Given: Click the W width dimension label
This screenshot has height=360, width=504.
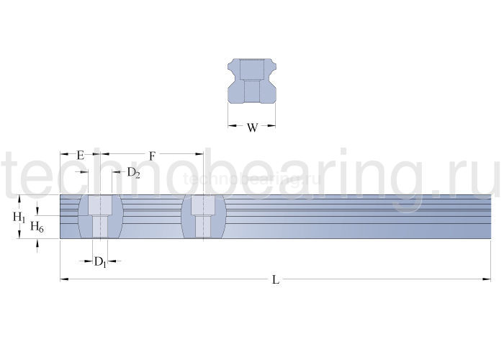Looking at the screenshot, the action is pos(252,127).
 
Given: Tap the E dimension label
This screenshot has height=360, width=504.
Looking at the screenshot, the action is pos(81,156).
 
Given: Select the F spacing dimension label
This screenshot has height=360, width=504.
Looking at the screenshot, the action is pos(152,156).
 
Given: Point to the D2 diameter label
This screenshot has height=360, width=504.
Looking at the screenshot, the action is pos(133,173).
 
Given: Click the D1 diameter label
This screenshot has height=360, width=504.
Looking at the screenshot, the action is pos(100,262).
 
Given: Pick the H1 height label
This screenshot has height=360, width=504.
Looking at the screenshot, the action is pos(19,217).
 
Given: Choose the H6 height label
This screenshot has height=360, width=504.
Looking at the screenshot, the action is pos(37,227).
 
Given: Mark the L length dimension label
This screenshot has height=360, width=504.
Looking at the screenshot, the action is pos(276,279).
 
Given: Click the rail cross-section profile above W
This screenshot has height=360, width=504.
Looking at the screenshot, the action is pos(252,81).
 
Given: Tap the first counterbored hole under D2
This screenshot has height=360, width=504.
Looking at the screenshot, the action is pos(100,217).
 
